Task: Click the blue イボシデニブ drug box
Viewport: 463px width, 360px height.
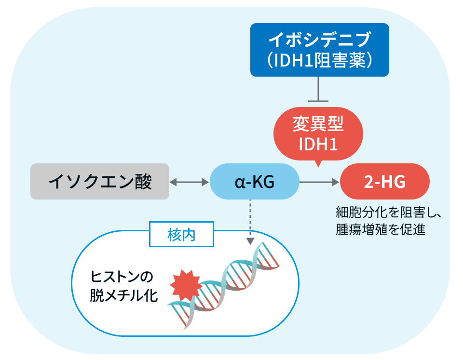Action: pos(319,50)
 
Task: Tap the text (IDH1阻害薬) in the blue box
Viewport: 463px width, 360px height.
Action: pos(319,61)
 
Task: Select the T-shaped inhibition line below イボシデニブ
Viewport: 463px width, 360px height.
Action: pos(318,89)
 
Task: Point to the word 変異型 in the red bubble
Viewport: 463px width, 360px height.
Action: pos(318,124)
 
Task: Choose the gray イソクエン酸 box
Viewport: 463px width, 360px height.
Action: pos(100,182)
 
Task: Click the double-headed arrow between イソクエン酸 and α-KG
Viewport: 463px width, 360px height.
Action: pos(189,182)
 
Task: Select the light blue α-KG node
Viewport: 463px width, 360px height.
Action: pos(255,182)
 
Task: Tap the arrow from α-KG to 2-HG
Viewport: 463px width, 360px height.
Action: pos(319,182)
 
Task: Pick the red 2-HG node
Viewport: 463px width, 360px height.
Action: pos(385,182)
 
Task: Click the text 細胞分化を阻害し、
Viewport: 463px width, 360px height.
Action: pos(389,212)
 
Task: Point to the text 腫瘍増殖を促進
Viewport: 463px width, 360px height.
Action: pos(381,229)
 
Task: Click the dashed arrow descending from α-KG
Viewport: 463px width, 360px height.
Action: pos(250,222)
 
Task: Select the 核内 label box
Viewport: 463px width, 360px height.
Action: pos(181,234)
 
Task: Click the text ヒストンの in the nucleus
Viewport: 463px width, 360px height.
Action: pos(122,277)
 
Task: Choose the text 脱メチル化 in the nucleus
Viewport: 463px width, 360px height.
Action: pos(124,295)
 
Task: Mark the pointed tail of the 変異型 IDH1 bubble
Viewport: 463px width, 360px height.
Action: pos(318,167)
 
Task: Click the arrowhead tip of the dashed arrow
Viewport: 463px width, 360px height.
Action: pos(250,245)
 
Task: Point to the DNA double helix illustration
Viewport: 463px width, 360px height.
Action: pos(223,285)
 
